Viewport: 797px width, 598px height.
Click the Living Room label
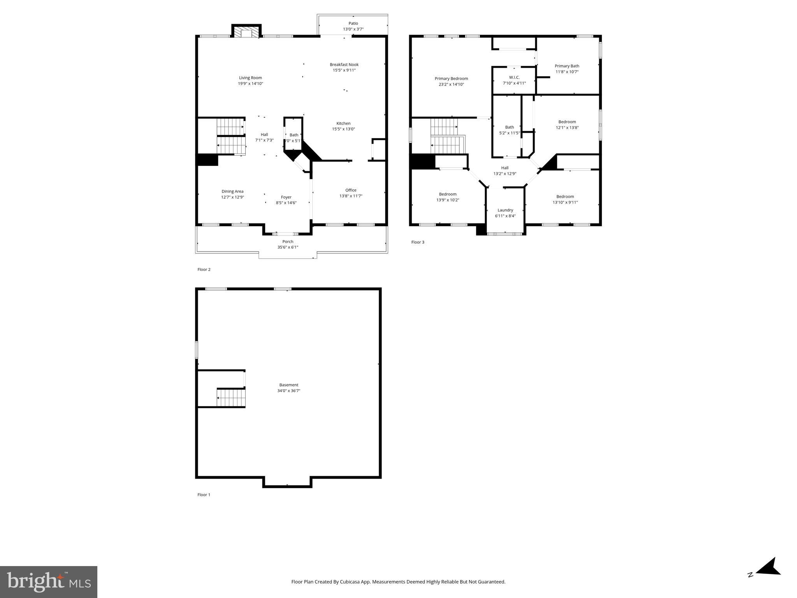pyautogui.click(x=250, y=78)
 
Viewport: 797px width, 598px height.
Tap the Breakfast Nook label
pyautogui.click(x=344, y=65)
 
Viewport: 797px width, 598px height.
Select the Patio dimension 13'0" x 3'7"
pyautogui.click(x=353, y=29)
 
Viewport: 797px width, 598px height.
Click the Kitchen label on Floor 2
pyautogui.click(x=343, y=123)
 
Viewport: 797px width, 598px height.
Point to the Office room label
pyautogui.click(x=351, y=190)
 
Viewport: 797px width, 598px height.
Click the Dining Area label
pyautogui.click(x=232, y=192)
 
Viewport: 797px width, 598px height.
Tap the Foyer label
pyautogui.click(x=286, y=197)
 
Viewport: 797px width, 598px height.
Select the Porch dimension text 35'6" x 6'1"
pyautogui.click(x=288, y=247)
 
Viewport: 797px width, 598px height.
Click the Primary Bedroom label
pyautogui.click(x=451, y=79)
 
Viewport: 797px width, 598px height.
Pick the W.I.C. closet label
pyautogui.click(x=514, y=77)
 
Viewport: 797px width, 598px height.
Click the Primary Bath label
pyautogui.click(x=567, y=66)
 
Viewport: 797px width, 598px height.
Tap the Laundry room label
pyautogui.click(x=505, y=210)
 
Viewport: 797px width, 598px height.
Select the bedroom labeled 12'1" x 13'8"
pyautogui.click(x=567, y=125)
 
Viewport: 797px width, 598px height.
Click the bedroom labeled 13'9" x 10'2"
pyautogui.click(x=448, y=197)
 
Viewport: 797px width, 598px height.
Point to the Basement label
pyautogui.click(x=289, y=385)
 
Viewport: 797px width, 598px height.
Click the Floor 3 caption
pyautogui.click(x=418, y=242)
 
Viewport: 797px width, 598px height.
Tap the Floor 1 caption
pyautogui.click(x=204, y=495)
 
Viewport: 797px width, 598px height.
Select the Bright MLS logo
pyautogui.click(x=49, y=582)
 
